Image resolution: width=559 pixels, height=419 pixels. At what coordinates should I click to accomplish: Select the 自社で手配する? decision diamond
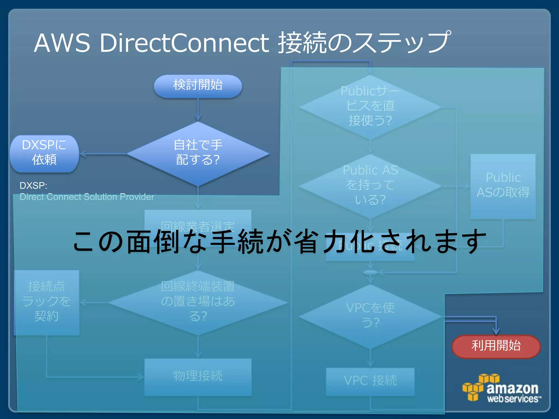[x=198, y=153]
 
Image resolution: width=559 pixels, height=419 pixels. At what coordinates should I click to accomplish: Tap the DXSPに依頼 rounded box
[x=44, y=153]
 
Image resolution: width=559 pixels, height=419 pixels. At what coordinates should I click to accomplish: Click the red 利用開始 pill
[x=496, y=346]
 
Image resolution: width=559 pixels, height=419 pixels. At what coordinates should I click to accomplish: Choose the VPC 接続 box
[x=370, y=381]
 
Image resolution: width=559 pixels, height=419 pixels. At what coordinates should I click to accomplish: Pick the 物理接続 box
[x=198, y=377]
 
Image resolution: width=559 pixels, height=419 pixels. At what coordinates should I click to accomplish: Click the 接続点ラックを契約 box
[x=47, y=302]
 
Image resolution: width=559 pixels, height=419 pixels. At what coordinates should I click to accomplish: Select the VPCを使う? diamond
[x=370, y=316]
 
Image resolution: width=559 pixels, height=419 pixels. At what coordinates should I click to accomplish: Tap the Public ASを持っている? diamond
[x=370, y=185]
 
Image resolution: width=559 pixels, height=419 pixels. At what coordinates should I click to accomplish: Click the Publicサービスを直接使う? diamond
[x=370, y=106]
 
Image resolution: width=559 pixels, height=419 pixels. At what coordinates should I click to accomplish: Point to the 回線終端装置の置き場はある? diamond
[x=198, y=302]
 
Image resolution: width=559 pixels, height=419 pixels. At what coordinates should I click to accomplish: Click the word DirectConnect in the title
[x=185, y=43]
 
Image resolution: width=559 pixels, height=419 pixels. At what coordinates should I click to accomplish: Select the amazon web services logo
[x=502, y=389]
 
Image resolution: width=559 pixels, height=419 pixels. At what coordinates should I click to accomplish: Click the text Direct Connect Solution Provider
[x=87, y=197]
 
